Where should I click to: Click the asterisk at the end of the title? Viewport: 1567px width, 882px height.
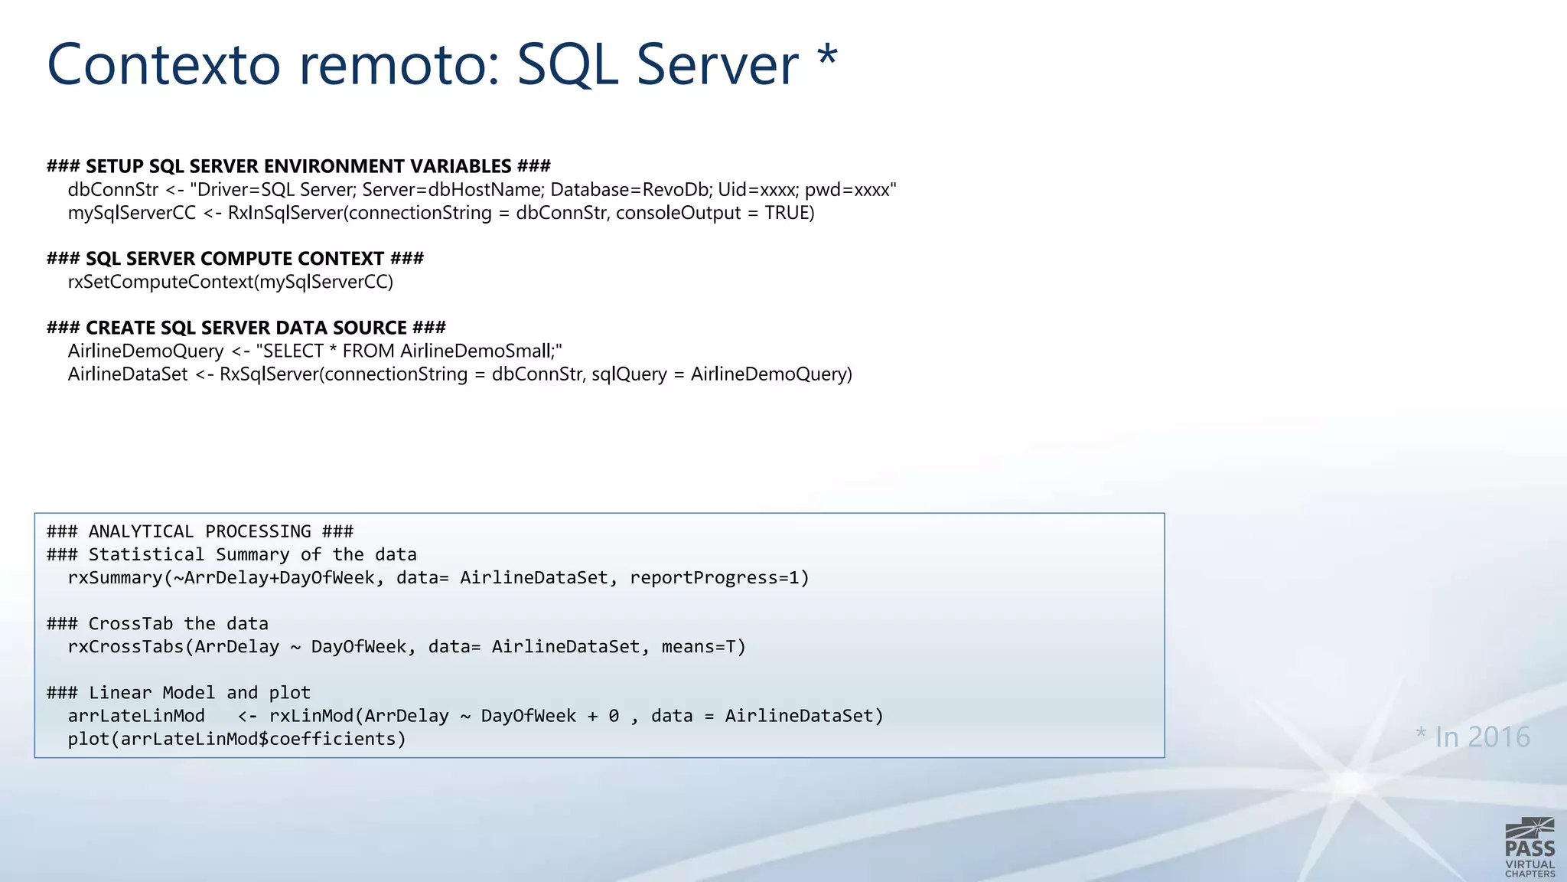tap(827, 57)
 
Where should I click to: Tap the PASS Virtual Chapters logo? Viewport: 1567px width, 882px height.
tap(1530, 848)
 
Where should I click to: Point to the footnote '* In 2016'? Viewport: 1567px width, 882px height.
tap(1472, 737)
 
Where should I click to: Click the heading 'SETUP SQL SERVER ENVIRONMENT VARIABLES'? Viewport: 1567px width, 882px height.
tap(298, 166)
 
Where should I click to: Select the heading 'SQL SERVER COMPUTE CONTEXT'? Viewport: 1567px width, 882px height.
tap(235, 258)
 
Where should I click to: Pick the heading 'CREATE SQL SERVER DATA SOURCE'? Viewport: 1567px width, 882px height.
tap(246, 328)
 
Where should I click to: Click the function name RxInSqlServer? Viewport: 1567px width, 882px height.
tap(285, 213)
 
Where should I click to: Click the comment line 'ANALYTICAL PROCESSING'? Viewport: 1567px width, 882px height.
tap(200, 531)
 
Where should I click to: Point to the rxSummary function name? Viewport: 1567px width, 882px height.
tap(115, 578)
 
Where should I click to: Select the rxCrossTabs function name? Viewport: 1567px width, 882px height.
tap(125, 647)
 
